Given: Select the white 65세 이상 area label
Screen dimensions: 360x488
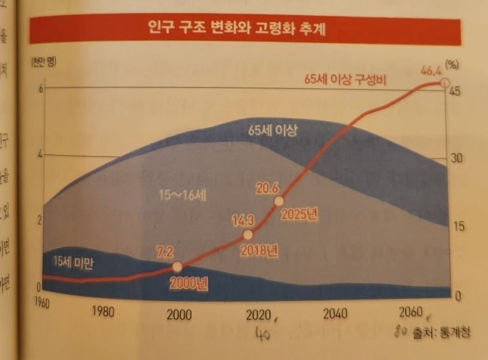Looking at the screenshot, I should (x=274, y=130).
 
